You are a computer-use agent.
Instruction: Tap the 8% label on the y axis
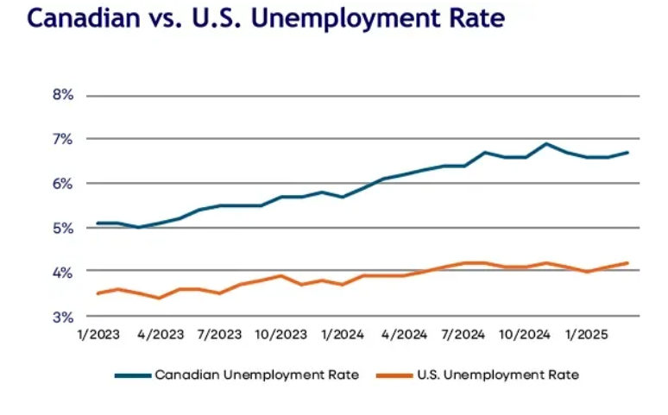[62, 95]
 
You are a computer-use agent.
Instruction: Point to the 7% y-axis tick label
[62, 139]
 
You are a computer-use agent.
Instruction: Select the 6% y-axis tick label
[62, 184]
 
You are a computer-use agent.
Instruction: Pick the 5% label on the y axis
[62, 228]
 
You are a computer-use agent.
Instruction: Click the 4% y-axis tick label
[62, 272]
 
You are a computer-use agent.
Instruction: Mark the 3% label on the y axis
[62, 317]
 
